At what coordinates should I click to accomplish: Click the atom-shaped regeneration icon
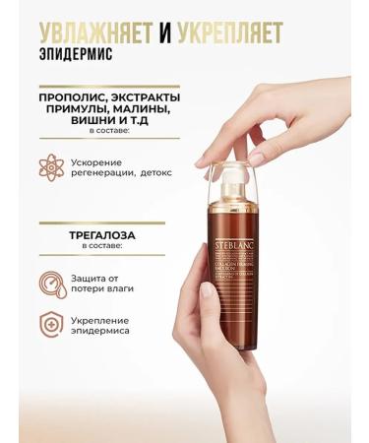click(x=52, y=166)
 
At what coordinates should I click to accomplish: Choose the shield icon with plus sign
click(x=52, y=326)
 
